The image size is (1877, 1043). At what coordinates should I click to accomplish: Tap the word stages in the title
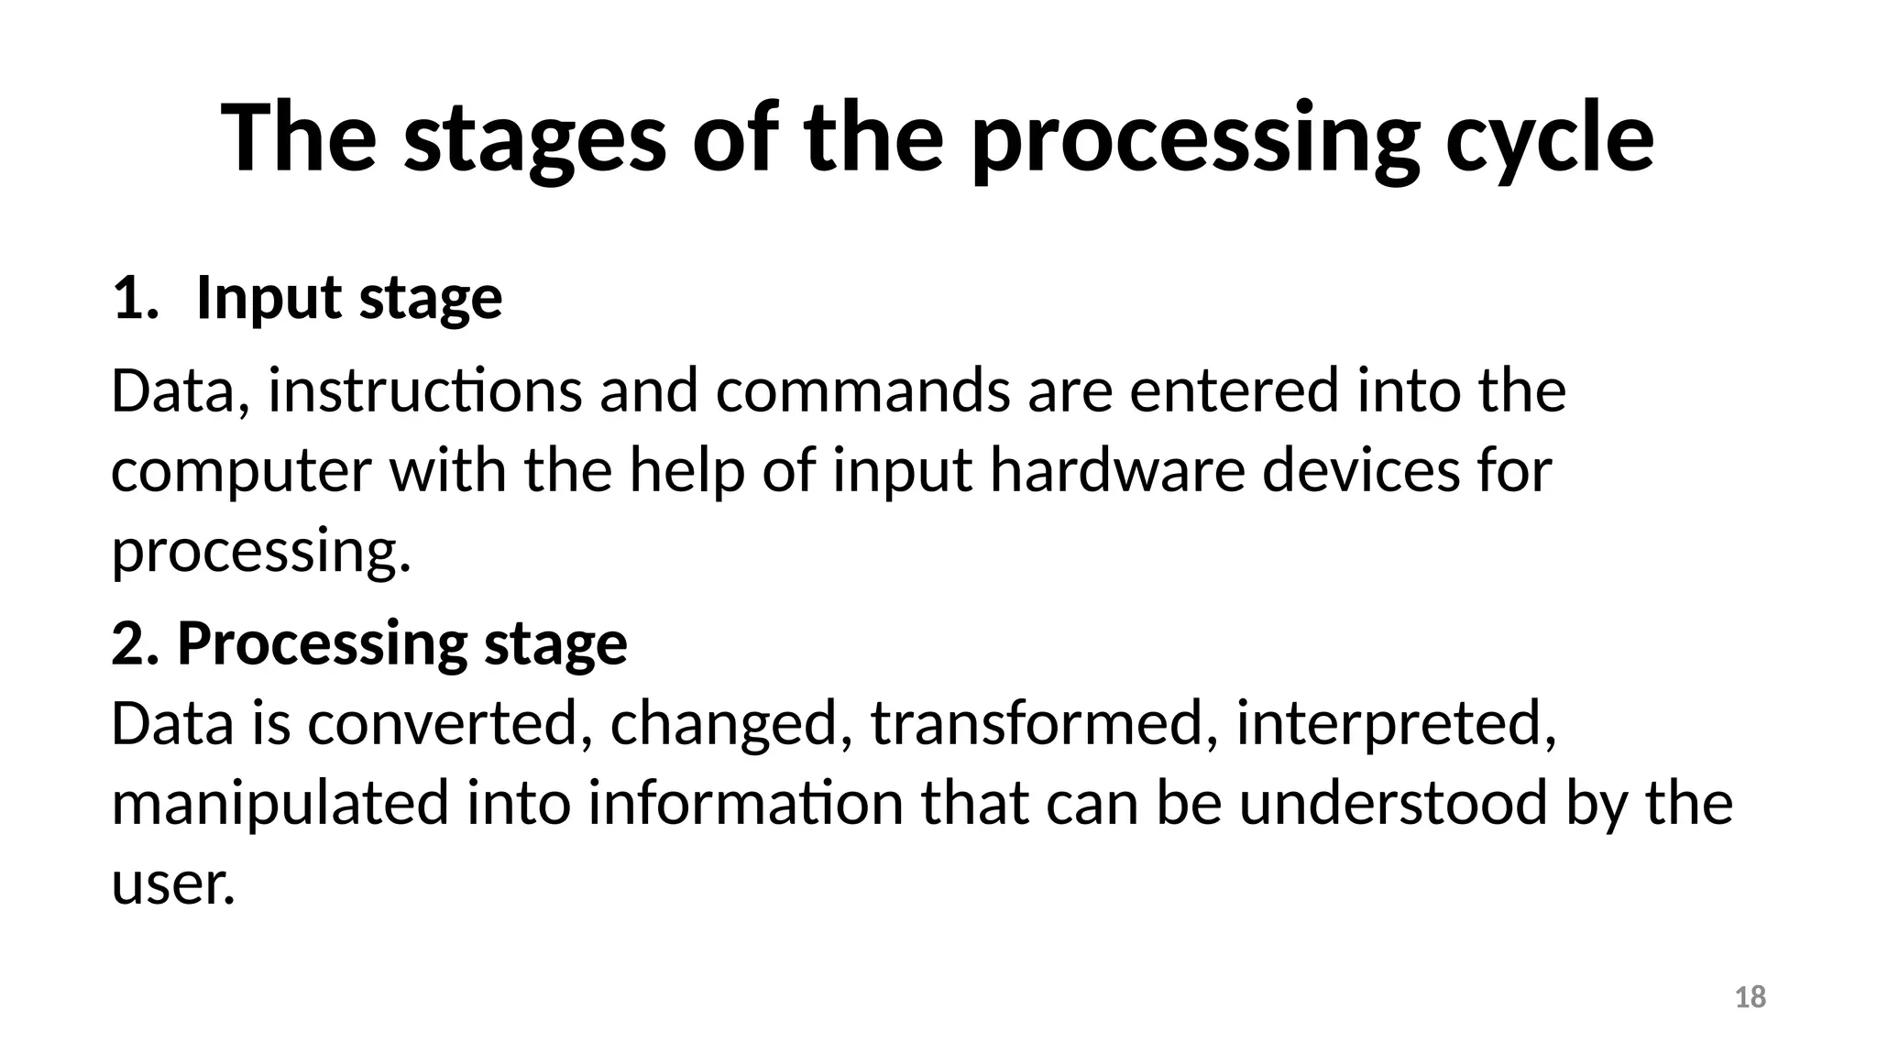(x=534, y=139)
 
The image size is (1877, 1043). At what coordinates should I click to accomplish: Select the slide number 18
(x=1751, y=997)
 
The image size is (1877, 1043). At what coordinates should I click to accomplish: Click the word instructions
(x=424, y=390)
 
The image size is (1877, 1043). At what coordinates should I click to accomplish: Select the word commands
(x=862, y=390)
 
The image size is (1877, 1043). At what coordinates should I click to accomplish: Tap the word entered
(x=1234, y=390)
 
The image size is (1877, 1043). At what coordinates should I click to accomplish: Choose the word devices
(x=1360, y=471)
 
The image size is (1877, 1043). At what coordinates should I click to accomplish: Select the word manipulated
(x=280, y=804)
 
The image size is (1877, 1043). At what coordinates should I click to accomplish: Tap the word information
(x=746, y=804)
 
